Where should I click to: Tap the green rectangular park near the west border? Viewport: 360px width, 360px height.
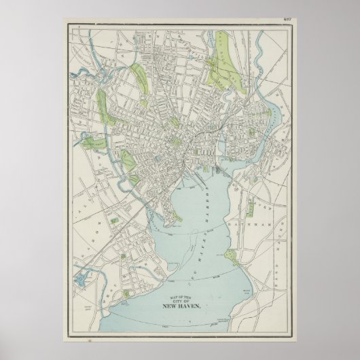pos(92,142)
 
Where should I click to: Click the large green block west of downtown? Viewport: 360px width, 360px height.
pos(128,161)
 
